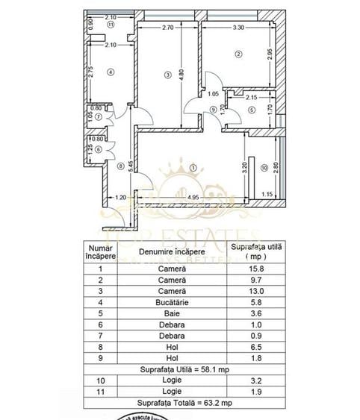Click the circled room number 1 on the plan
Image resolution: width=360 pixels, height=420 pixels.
(194, 167)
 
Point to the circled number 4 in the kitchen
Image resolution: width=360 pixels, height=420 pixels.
(110, 72)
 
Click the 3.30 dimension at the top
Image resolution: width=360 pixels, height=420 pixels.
(238, 27)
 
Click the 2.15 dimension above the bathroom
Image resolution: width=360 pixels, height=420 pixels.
(251, 97)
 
